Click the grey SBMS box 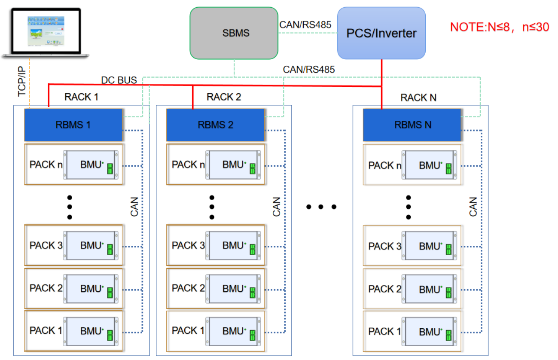click(x=234, y=33)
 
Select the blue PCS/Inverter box click(x=381, y=33)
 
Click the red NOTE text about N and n click(x=499, y=27)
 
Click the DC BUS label click(x=119, y=80)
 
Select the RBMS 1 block click(x=73, y=125)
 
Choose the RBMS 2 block click(x=216, y=125)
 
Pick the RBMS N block click(x=412, y=125)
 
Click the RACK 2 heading click(x=224, y=97)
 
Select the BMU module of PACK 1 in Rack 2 click(x=233, y=331)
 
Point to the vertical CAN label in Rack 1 click(x=134, y=206)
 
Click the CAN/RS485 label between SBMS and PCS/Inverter click(x=305, y=25)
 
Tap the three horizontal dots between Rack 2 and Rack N click(x=321, y=207)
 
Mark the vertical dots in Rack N click(x=409, y=207)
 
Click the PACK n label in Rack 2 click(x=188, y=165)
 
